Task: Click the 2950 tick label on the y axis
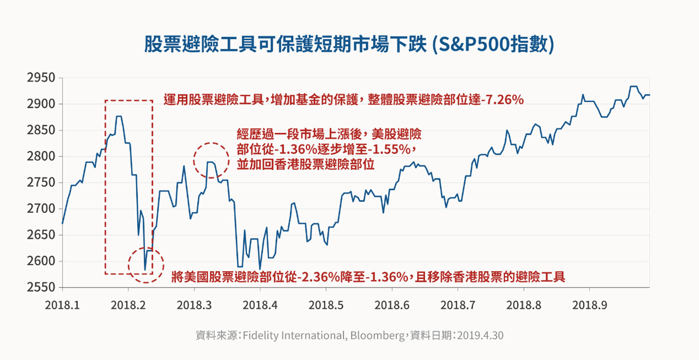click(x=41, y=78)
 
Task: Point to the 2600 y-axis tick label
click(x=41, y=261)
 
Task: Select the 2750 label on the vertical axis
click(x=41, y=183)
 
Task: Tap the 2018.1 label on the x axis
click(x=62, y=305)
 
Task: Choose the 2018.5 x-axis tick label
click(x=326, y=305)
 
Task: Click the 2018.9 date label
click(x=589, y=305)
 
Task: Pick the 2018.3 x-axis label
click(x=194, y=305)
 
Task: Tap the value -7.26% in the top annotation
click(x=503, y=100)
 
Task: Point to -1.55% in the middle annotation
click(x=389, y=149)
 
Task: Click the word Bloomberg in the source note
click(x=377, y=336)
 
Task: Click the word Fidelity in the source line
click(x=260, y=336)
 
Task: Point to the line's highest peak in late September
click(x=633, y=87)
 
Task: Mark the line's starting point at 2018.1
click(x=62, y=224)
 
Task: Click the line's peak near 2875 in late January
click(x=119, y=117)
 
